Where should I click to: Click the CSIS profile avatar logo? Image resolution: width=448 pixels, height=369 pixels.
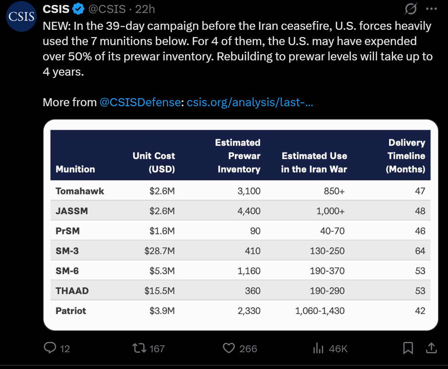tap(21, 17)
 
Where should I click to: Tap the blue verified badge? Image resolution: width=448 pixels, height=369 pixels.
tap(79, 9)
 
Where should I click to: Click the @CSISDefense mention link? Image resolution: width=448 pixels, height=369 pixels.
tap(140, 102)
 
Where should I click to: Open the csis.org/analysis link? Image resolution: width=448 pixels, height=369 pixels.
tap(250, 102)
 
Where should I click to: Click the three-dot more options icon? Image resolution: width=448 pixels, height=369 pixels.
tap(431, 8)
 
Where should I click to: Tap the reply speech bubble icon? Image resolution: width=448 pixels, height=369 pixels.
tap(50, 348)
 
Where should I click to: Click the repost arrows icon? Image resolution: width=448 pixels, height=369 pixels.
tap(138, 348)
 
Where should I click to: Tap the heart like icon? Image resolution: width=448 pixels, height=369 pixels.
tap(229, 348)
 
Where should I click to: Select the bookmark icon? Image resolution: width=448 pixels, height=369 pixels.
tap(408, 348)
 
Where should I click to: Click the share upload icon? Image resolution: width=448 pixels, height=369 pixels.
tap(431, 348)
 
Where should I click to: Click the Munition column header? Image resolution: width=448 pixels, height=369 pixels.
tap(75, 169)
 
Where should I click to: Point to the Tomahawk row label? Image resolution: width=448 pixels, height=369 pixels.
tap(80, 191)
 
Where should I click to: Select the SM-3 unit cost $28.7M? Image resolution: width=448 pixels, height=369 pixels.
tap(159, 251)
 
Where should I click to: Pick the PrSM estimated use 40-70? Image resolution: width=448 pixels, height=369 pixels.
tap(333, 231)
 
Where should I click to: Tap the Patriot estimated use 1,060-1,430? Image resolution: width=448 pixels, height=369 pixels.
tap(320, 311)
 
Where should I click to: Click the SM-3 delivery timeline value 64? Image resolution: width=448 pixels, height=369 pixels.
tap(420, 251)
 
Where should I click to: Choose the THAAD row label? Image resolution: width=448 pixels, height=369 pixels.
tap(72, 291)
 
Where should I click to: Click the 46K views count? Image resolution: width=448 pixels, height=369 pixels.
tap(338, 348)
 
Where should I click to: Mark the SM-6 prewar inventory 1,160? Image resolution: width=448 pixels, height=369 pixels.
tap(249, 271)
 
